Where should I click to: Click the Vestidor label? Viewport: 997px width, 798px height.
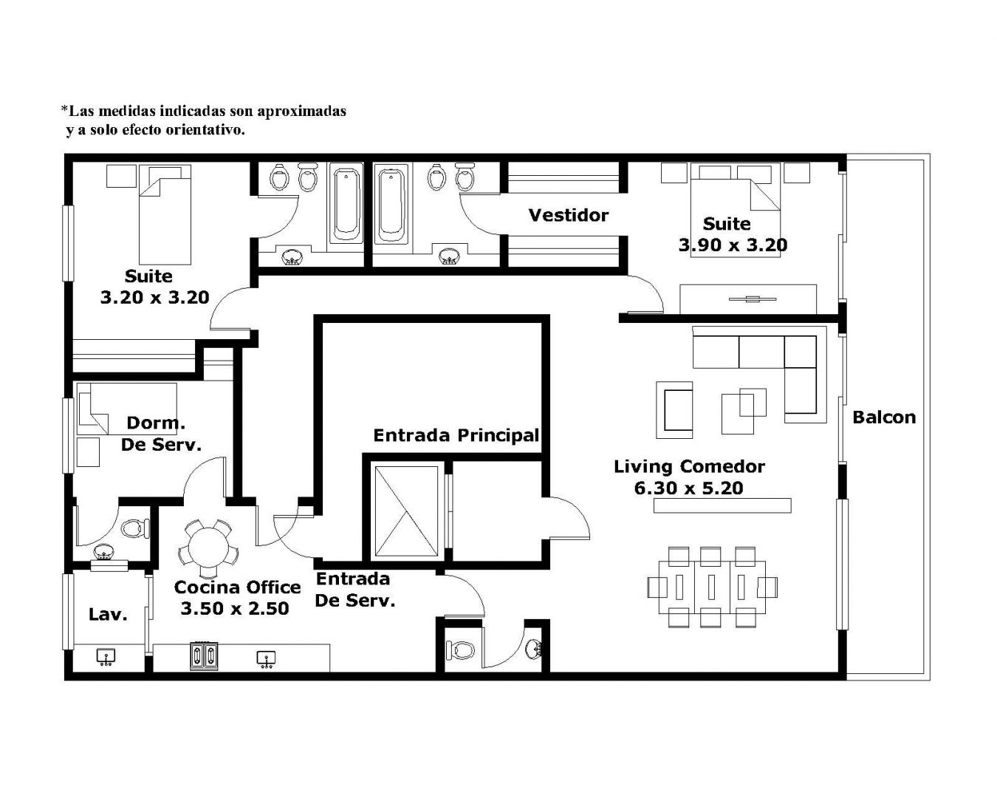point(568,215)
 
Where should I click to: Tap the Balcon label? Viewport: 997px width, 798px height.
point(884,417)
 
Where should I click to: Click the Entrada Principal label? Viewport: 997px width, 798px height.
point(456,435)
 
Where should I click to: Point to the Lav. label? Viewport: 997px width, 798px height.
point(108,614)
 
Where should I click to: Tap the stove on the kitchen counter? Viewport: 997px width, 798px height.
point(204,655)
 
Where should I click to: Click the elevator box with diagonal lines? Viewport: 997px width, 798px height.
point(406,511)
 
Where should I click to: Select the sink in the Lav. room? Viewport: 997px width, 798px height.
point(106,658)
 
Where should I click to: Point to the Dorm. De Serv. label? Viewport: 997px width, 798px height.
point(161,434)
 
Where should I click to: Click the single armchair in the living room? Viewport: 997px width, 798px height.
point(674,410)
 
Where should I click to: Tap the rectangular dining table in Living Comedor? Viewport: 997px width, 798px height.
point(712,587)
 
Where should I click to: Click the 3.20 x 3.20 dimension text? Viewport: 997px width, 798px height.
point(155,297)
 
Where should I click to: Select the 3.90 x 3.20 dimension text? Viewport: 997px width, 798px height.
point(733,245)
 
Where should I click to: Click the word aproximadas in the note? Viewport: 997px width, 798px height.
point(301,112)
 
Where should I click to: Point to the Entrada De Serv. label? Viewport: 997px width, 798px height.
point(354,590)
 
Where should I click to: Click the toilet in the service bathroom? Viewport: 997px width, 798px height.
point(136,528)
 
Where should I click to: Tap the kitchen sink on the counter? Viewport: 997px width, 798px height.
point(267,659)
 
